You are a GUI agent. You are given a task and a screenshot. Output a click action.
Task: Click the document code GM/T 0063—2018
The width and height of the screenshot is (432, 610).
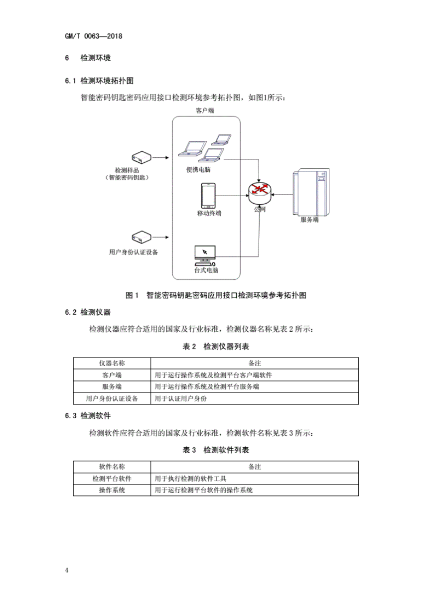(94, 36)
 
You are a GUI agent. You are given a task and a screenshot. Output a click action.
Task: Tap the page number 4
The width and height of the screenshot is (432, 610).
(67, 570)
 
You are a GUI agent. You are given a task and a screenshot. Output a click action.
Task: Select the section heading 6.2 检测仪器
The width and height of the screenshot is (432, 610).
(88, 312)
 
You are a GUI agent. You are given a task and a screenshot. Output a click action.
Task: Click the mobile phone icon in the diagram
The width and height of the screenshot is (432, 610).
(208, 196)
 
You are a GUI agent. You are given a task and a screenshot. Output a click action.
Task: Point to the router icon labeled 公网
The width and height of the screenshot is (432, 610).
(260, 193)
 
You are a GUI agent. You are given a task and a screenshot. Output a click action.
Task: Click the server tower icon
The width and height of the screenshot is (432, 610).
(311, 192)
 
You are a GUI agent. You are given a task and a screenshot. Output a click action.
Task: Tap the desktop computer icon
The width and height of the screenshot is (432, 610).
(205, 255)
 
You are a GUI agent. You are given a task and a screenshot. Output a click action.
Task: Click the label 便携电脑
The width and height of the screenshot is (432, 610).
(198, 170)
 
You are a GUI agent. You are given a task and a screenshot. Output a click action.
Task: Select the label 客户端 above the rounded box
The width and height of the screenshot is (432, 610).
(205, 110)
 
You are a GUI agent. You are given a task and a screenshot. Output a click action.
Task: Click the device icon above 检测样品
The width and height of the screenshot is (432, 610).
(142, 157)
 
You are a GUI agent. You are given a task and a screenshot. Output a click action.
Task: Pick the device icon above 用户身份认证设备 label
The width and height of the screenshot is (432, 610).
(142, 237)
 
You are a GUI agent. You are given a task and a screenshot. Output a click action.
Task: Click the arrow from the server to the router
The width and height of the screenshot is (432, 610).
(283, 195)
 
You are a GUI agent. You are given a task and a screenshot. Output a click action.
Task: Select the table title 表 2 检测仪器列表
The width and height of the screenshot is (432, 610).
(216, 347)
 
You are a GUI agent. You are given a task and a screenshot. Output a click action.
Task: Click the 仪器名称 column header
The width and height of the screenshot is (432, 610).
(112, 363)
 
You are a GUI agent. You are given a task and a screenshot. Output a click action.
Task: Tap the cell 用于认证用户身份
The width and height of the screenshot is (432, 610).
(181, 398)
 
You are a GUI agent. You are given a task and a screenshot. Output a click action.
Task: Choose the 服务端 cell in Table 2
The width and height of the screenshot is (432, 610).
(112, 386)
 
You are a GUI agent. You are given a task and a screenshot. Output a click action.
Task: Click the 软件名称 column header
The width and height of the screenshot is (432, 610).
(112, 467)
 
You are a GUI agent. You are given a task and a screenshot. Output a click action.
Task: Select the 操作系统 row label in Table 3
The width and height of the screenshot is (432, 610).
(112, 490)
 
